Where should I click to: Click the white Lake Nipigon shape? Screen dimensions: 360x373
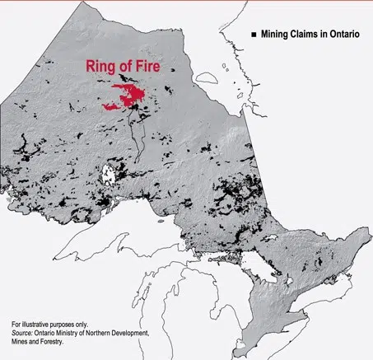pyautogui.click(x=107, y=175)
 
